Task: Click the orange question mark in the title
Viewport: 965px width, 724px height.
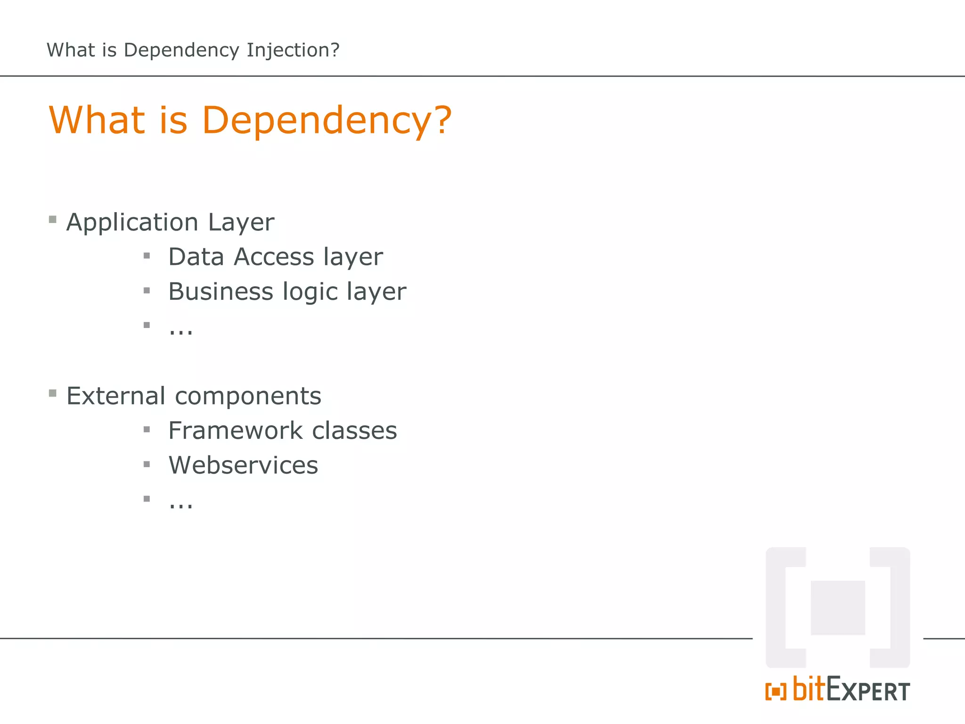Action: click(442, 120)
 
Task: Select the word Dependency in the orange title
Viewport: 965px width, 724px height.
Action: click(316, 121)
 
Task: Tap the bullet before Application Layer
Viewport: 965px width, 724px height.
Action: click(53, 219)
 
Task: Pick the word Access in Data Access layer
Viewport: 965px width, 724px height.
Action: click(274, 257)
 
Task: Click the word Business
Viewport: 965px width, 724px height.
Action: click(221, 291)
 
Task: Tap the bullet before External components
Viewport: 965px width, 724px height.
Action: click(53, 393)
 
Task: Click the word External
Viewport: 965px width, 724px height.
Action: click(115, 396)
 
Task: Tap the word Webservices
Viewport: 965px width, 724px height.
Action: click(243, 465)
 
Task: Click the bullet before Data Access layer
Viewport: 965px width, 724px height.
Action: click(147, 256)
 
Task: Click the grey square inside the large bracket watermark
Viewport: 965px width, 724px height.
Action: click(837, 608)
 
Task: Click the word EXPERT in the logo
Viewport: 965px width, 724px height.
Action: click(868, 690)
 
